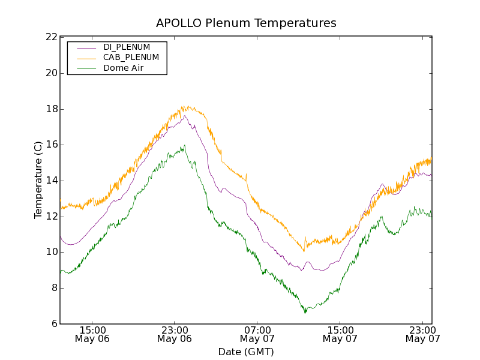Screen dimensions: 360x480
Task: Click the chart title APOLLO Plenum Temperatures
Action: [246, 23]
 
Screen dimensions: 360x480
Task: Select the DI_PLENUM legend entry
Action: [127, 47]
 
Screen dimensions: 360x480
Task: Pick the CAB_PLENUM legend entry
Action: [131, 57]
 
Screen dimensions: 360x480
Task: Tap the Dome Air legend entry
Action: [123, 68]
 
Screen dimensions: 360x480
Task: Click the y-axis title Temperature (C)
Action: [38, 180]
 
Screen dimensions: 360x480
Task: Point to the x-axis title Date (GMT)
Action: [246, 352]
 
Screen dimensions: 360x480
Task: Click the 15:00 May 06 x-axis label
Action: [92, 334]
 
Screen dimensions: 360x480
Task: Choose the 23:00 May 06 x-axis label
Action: [175, 334]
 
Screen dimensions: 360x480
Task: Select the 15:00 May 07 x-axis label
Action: [340, 334]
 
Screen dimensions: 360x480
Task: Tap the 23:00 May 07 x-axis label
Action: [422, 334]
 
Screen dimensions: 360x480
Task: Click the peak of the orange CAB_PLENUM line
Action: [188, 107]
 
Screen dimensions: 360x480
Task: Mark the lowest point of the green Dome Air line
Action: [305, 312]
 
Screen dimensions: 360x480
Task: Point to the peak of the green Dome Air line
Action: [184, 145]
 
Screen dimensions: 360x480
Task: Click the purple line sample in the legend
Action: [85, 47]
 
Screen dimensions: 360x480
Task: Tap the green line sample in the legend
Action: [85, 68]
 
